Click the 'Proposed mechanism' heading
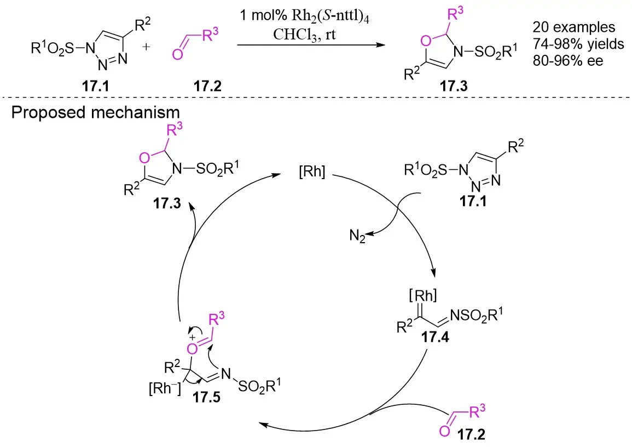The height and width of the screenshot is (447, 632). click(96, 113)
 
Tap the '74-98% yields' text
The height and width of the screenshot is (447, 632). click(578, 44)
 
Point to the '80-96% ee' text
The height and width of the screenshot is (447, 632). click(567, 61)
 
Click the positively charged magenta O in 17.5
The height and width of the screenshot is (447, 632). click(191, 347)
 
